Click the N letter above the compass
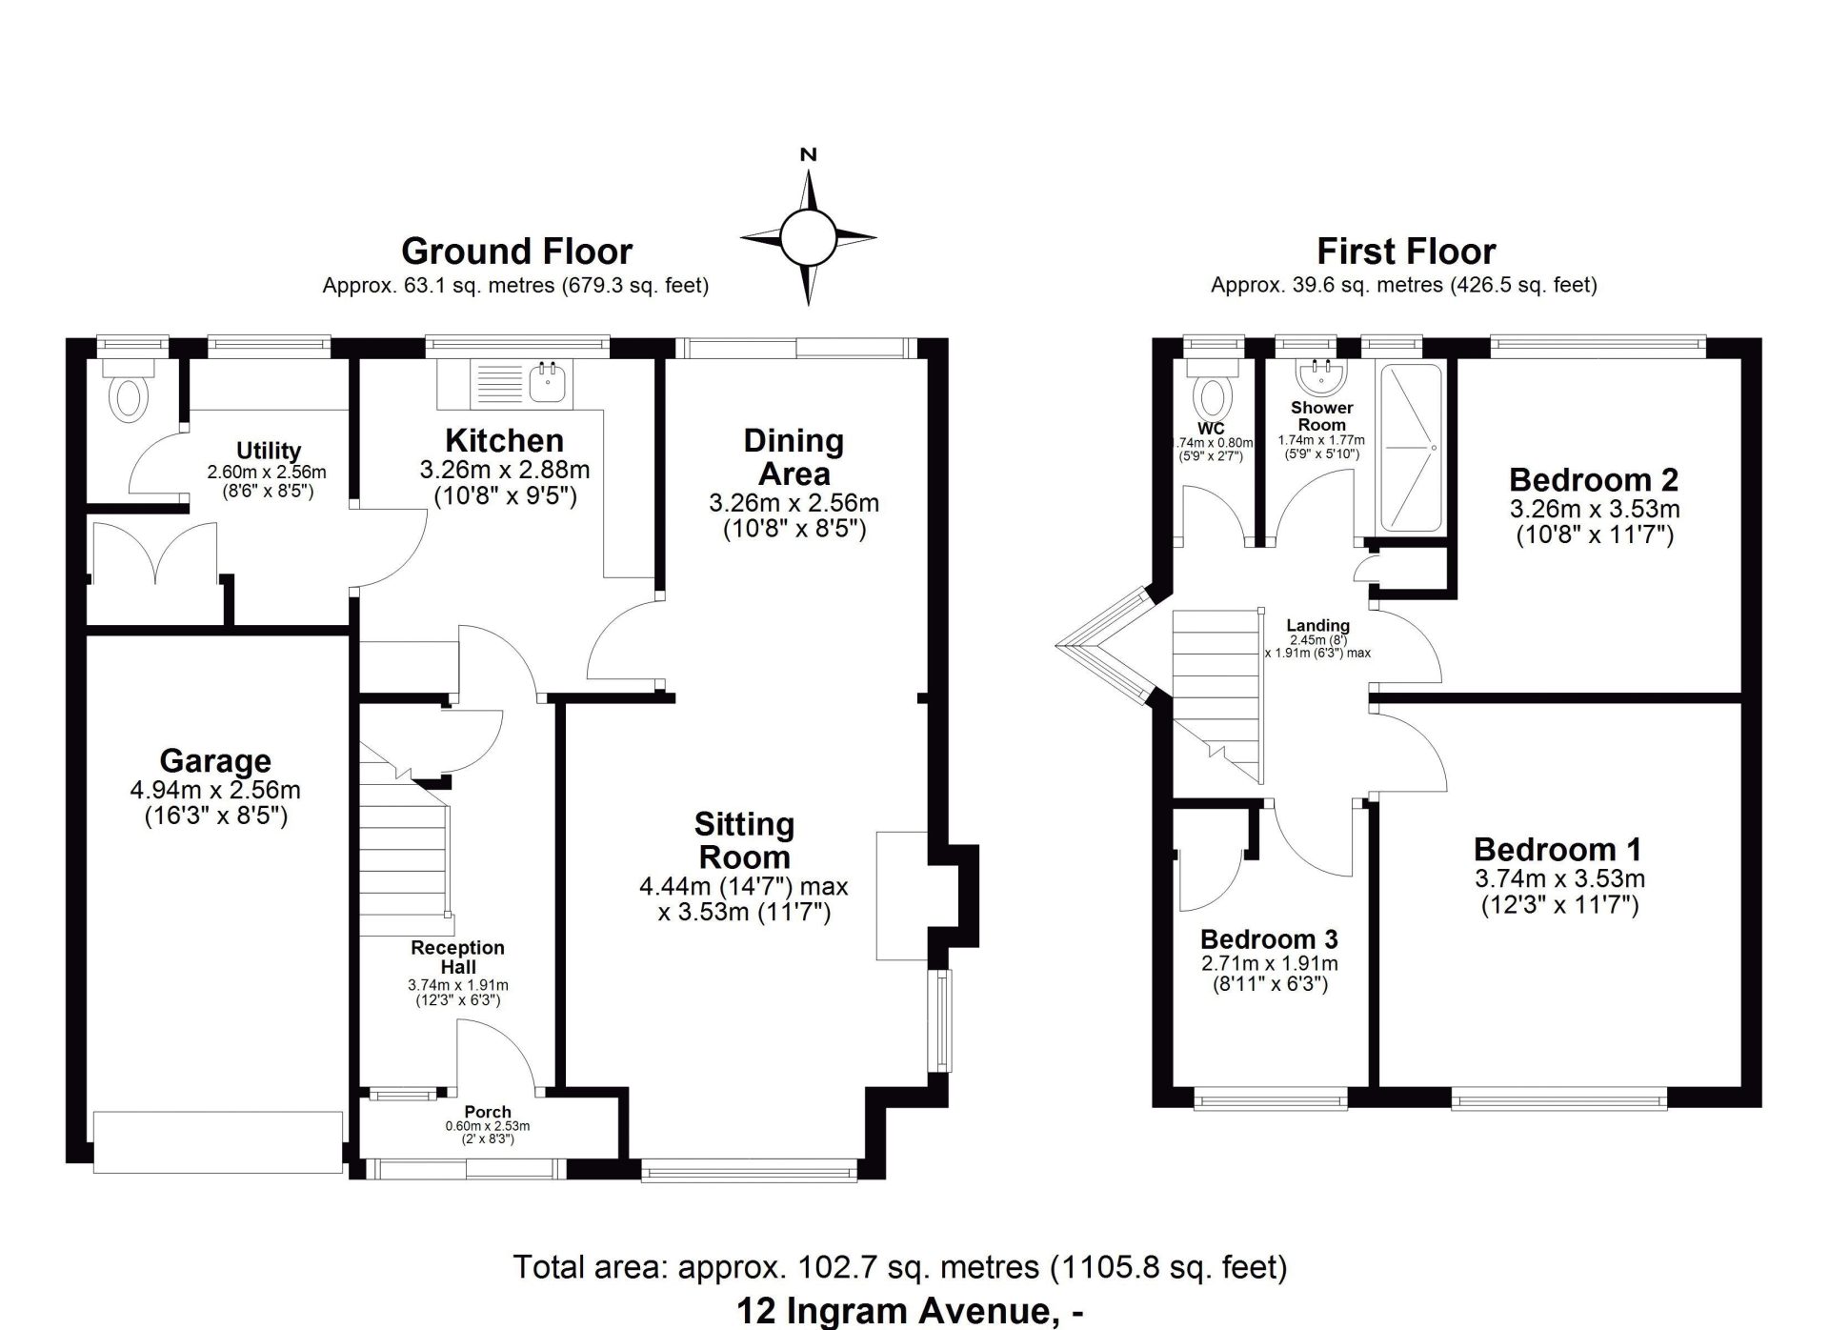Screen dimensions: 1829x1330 (x=809, y=154)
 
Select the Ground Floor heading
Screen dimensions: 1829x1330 (x=516, y=252)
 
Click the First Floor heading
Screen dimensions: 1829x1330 (x=1406, y=252)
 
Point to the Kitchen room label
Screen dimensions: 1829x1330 (x=505, y=440)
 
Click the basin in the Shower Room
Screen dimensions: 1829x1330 (x=1321, y=375)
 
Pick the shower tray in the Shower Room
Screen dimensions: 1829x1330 (x=1412, y=448)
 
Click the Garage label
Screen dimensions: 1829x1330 (x=215, y=761)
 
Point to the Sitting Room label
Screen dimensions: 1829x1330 (x=744, y=840)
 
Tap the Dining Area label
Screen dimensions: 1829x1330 (x=794, y=457)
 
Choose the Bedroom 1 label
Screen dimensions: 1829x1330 (x=1558, y=849)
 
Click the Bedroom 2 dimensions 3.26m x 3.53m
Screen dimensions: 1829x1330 (x=1595, y=509)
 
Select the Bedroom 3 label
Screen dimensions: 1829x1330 (x=1269, y=939)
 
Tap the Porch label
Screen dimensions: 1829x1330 (x=488, y=1112)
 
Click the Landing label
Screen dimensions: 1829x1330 (x=1317, y=626)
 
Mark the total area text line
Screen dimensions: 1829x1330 (x=900, y=1267)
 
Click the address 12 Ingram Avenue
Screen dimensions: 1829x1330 (x=899, y=1312)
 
